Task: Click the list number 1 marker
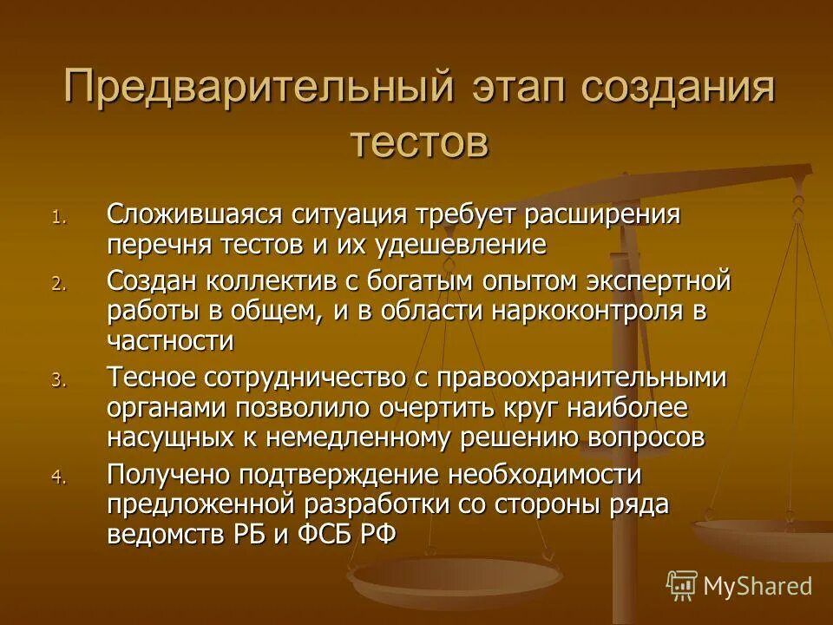point(58,217)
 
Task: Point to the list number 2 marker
point(58,285)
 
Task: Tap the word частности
point(171,341)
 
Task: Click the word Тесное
point(148,378)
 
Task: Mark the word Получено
point(165,475)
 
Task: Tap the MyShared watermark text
point(758,585)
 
